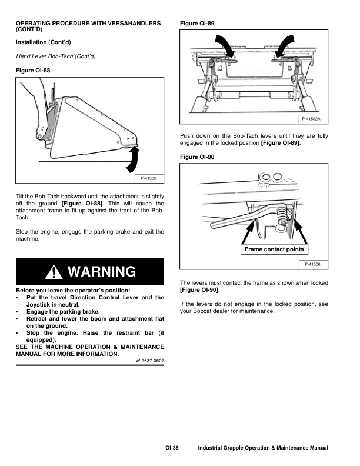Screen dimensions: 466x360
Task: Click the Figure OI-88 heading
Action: tap(36, 70)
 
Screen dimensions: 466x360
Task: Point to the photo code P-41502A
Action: tap(314, 119)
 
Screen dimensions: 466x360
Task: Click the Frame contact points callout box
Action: tap(274, 249)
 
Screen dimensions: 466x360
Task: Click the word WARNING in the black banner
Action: tap(102, 272)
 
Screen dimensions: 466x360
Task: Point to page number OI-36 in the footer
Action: tap(172, 448)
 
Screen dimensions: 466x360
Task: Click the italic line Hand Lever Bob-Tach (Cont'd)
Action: tap(56, 56)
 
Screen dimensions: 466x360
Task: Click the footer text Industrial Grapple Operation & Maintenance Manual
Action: tap(263, 448)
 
